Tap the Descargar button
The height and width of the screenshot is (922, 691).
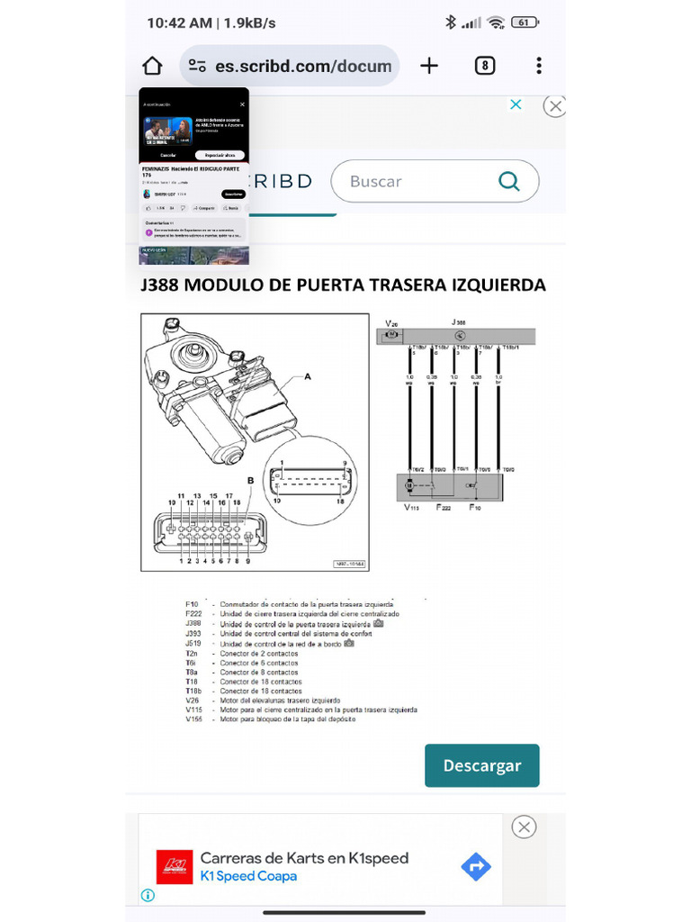click(481, 765)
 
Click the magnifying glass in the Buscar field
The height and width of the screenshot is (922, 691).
click(509, 182)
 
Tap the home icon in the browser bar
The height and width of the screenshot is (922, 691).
click(153, 66)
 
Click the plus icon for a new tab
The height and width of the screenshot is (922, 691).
click(429, 66)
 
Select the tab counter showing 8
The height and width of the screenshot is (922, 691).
click(485, 66)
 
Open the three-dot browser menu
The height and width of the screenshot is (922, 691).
click(538, 66)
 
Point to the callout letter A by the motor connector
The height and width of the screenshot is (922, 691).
click(308, 377)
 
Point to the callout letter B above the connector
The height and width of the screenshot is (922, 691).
click(251, 481)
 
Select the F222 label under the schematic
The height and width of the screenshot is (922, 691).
click(444, 508)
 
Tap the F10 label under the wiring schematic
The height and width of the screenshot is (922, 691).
click(475, 508)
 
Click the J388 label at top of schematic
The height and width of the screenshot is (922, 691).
click(458, 321)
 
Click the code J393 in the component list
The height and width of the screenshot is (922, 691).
click(193, 633)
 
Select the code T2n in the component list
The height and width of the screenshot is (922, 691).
click(192, 653)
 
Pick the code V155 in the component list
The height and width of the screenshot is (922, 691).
click(193, 719)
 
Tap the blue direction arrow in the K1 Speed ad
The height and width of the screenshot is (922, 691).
click(475, 867)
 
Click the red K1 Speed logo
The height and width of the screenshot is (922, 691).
click(175, 867)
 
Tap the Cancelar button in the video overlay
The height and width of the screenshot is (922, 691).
click(168, 155)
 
